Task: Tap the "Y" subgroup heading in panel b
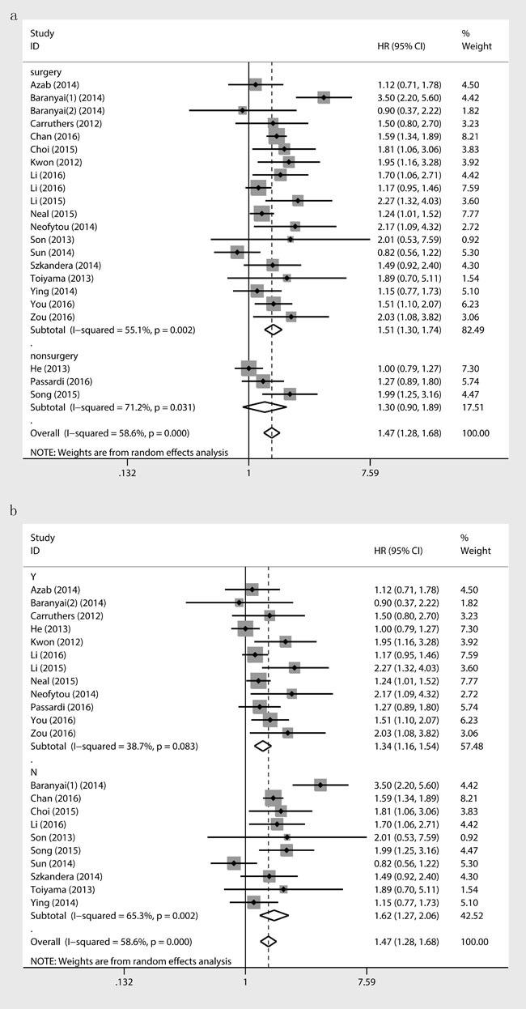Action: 33,577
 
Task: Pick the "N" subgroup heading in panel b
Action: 34,772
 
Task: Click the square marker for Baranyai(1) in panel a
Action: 324,97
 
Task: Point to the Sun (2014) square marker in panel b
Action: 234,862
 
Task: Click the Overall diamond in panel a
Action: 272,433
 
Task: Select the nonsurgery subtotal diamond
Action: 265,407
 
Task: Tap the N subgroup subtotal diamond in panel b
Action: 274,914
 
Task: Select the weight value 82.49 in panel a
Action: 473,330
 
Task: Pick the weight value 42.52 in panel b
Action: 473,914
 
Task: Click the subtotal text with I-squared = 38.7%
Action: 113,746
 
